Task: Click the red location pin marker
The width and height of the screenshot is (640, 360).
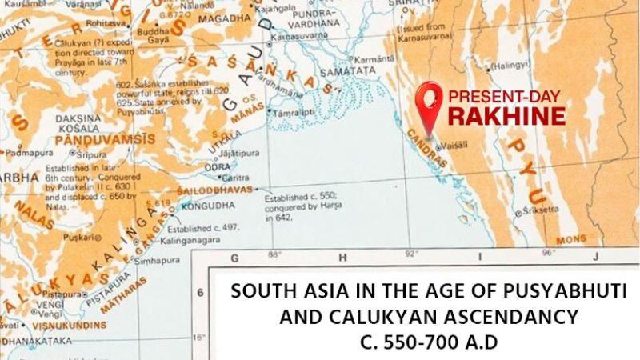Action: coord(432,104)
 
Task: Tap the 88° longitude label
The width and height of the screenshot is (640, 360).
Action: coord(275,254)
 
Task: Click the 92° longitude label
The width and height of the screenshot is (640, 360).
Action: coord(410,254)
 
